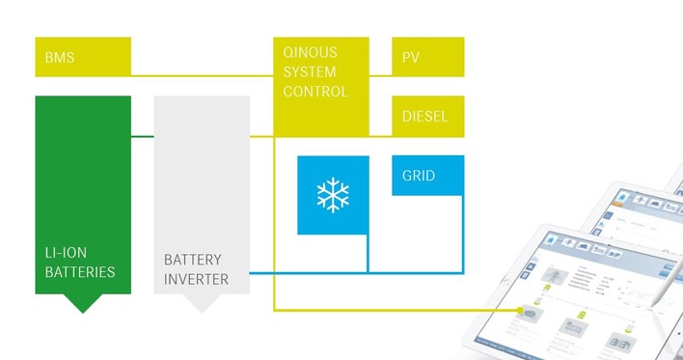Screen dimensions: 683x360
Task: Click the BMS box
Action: click(83, 57)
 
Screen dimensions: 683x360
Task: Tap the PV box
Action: click(427, 57)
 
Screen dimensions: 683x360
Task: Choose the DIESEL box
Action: click(427, 117)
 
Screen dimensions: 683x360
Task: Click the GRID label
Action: click(419, 177)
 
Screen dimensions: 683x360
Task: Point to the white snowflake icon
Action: click(333, 195)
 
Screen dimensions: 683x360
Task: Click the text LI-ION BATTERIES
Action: click(80, 263)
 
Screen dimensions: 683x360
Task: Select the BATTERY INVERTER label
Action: click(196, 269)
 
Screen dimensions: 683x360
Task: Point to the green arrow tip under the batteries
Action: click(83, 305)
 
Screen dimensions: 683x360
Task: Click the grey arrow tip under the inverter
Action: click(202, 305)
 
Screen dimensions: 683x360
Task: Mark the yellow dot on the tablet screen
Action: click(523, 311)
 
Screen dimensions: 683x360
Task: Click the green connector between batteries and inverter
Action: click(143, 136)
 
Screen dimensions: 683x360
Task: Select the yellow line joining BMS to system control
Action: click(203, 75)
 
